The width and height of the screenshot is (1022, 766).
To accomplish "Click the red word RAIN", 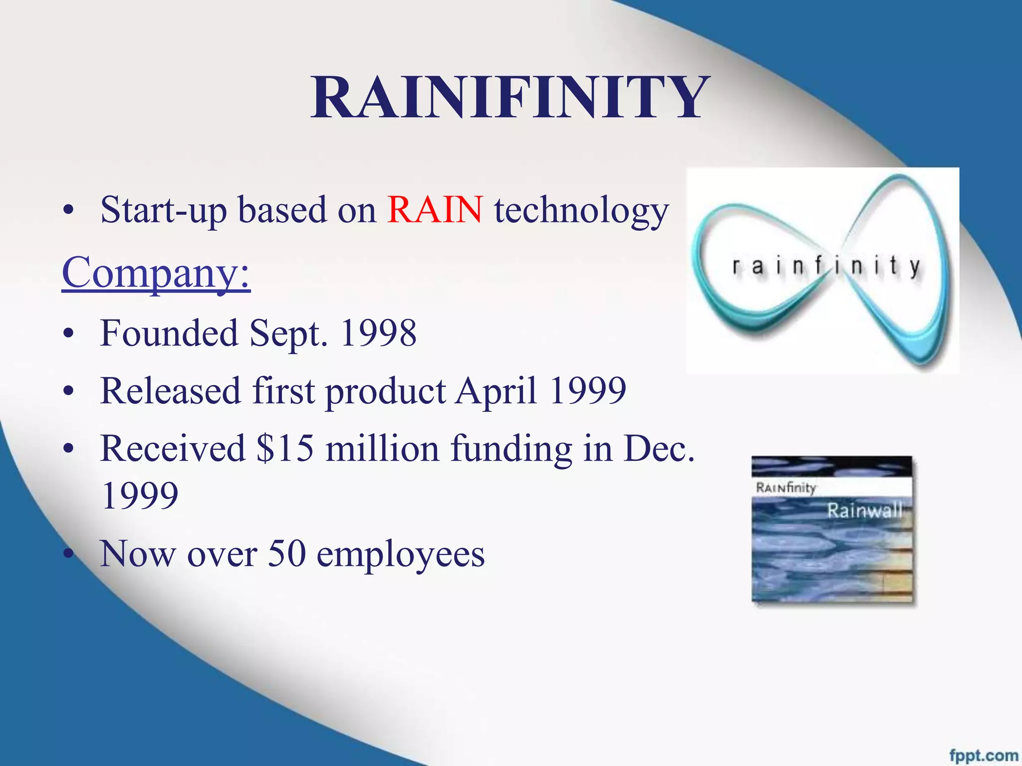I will pyautogui.click(x=435, y=209).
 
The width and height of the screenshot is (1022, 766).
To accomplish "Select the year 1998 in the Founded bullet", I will pyautogui.click(x=378, y=333).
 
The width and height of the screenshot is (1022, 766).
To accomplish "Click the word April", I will pyautogui.click(x=497, y=390).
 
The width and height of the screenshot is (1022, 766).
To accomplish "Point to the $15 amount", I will pyautogui.click(x=285, y=448).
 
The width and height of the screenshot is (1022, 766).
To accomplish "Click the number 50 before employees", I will pyautogui.click(x=287, y=554).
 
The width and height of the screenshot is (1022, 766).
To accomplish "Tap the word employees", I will pyautogui.click(x=401, y=555).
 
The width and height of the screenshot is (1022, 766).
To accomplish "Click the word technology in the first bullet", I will pyautogui.click(x=581, y=210).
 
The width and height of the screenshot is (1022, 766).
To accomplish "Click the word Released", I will pyautogui.click(x=171, y=390).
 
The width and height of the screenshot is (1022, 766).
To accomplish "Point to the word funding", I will pyautogui.click(x=511, y=449).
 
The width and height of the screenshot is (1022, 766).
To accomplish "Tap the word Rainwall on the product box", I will pyautogui.click(x=865, y=510).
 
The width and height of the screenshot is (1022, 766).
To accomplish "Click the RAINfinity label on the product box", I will pyautogui.click(x=786, y=487).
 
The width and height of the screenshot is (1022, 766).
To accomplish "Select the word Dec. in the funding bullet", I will pyautogui.click(x=659, y=448).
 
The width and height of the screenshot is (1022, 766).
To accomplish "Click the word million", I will pyautogui.click(x=382, y=448).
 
